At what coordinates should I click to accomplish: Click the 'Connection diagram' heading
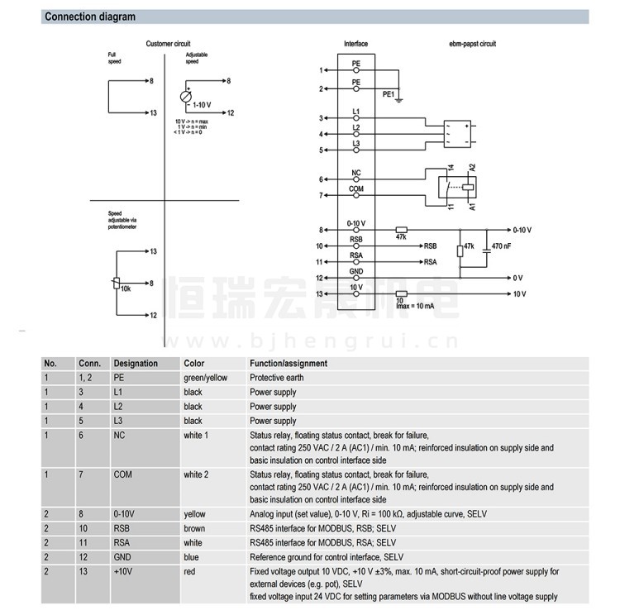[90, 17]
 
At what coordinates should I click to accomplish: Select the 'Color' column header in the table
[193, 363]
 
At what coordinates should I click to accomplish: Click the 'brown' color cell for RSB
[194, 527]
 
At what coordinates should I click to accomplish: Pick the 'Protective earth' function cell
[276, 377]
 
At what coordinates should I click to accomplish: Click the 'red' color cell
[190, 571]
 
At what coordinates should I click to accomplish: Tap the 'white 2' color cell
[196, 474]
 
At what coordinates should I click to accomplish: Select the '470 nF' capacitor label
[501, 246]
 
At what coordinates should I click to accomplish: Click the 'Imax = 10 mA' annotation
[415, 306]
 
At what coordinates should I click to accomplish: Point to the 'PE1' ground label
[388, 95]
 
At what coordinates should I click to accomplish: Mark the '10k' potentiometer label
[126, 288]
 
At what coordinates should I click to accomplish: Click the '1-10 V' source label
[201, 105]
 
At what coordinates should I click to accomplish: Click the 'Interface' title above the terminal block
[356, 43]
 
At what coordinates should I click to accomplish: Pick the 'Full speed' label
[113, 57]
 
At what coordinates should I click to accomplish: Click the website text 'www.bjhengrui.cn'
[354, 340]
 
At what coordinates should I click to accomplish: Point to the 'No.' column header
[50, 363]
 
